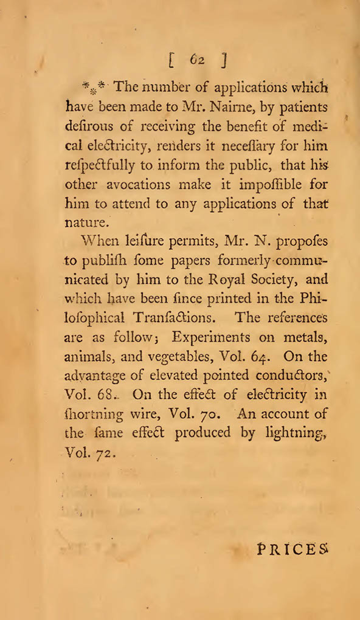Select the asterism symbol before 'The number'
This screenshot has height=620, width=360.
tap(95, 88)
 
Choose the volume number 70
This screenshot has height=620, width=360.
tap(206, 416)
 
